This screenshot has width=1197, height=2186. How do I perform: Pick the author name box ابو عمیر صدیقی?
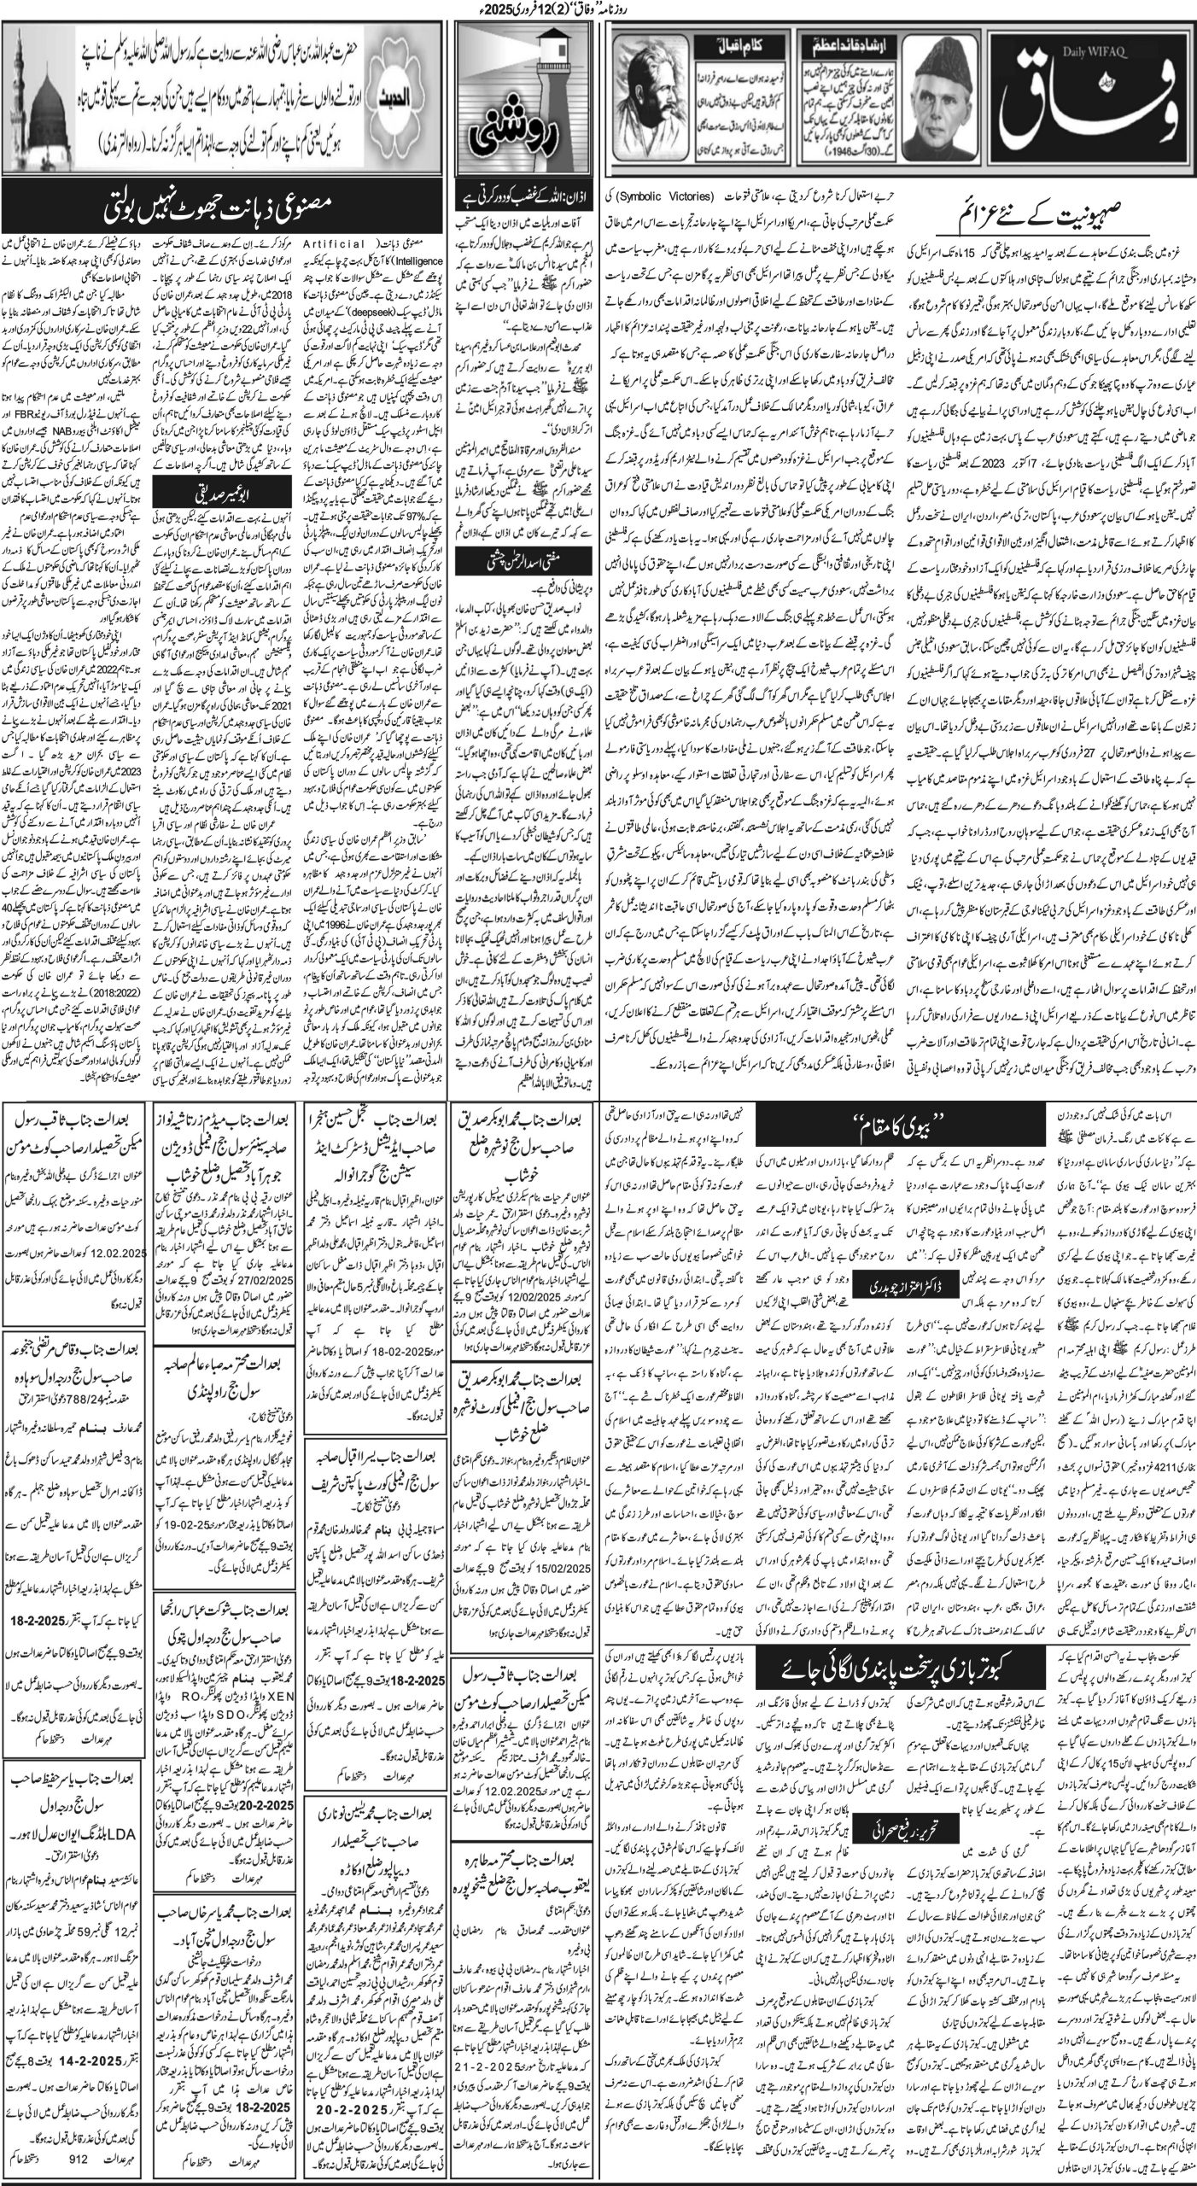click(198, 564)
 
